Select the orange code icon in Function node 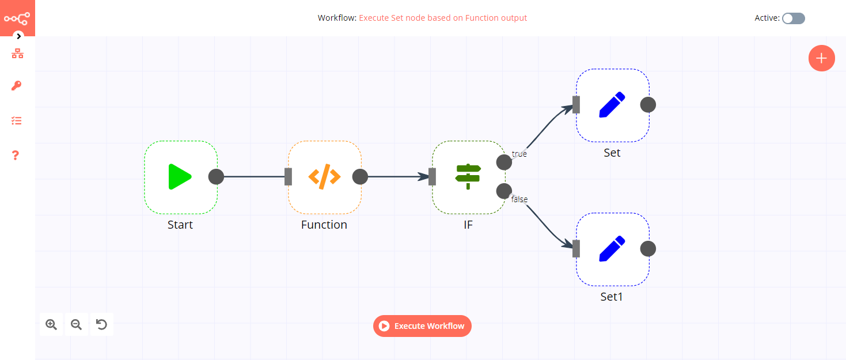(x=324, y=177)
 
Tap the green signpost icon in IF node (x=468, y=177)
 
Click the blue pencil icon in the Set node (x=612, y=105)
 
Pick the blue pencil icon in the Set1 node (x=612, y=249)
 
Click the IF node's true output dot (x=504, y=162)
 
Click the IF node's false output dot (x=504, y=191)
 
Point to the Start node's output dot (x=216, y=177)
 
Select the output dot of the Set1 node (x=648, y=249)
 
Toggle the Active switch (x=793, y=18)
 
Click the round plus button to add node (x=821, y=58)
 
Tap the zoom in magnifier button (x=51, y=325)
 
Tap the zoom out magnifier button (x=76, y=325)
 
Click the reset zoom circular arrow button (x=101, y=325)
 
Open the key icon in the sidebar (x=17, y=86)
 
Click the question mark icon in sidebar (x=16, y=156)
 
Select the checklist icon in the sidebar (x=17, y=121)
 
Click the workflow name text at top (x=442, y=18)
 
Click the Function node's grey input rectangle (x=289, y=177)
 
